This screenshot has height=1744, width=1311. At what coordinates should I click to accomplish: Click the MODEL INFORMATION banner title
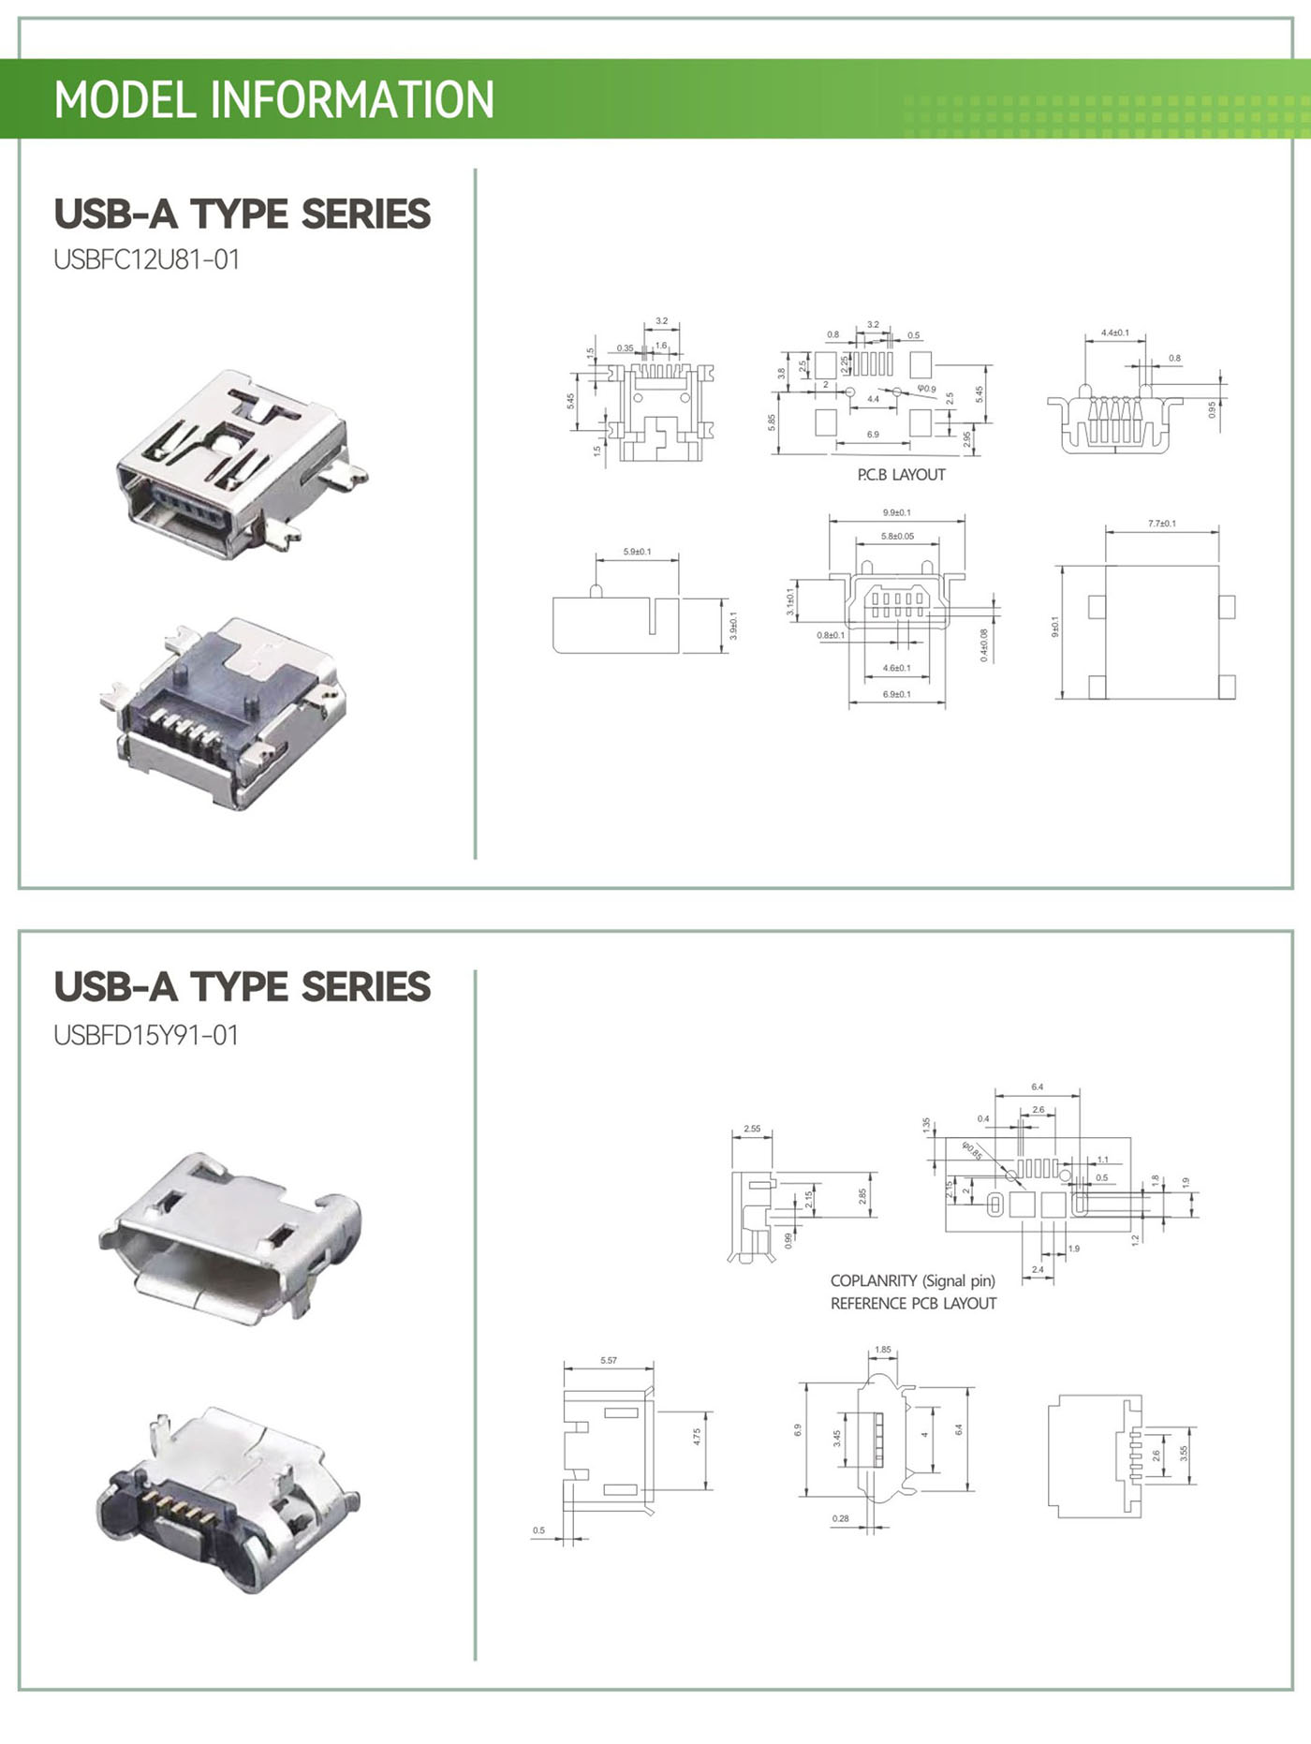273,99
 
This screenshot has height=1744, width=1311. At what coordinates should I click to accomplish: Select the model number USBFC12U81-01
147,259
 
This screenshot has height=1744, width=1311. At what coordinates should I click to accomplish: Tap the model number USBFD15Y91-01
146,1035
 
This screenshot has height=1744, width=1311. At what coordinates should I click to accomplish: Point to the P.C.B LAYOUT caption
901,475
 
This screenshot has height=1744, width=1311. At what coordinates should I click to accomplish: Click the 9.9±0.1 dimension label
896,512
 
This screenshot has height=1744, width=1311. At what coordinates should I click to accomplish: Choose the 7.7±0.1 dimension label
1161,524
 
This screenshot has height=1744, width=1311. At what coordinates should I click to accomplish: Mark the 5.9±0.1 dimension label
637,552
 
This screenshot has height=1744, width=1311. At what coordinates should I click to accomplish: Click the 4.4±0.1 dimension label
1114,333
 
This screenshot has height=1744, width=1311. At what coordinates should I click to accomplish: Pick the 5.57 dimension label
609,1360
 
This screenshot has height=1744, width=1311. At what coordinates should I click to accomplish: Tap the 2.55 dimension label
752,1129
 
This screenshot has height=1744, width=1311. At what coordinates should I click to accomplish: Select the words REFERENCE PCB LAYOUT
913,1303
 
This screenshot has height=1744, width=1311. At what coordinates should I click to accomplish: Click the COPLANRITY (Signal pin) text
912,1280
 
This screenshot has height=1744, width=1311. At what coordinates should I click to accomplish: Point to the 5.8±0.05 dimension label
897,537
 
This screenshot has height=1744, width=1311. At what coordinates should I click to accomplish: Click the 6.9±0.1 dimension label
896,694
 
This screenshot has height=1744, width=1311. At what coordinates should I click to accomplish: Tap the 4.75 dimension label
697,1436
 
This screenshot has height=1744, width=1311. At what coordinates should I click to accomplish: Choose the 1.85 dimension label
882,1350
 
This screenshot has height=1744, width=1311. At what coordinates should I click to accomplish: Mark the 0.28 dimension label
840,1518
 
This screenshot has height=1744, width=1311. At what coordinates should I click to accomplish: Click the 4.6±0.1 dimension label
896,668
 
